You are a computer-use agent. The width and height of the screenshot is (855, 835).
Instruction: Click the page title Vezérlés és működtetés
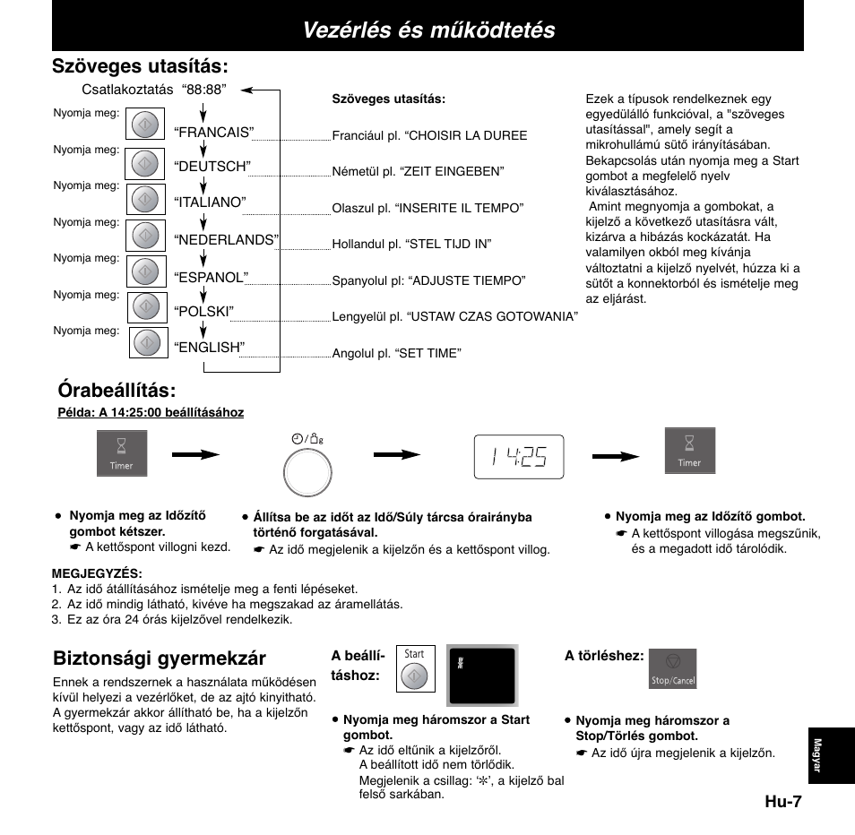[428, 30]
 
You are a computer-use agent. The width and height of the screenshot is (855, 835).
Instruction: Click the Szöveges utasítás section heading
[139, 66]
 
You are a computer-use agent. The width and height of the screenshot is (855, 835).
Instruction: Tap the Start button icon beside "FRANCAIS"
[145, 125]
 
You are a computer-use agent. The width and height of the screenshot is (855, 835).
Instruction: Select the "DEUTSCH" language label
[212, 167]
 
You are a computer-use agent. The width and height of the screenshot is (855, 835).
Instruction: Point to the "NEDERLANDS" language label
[227, 239]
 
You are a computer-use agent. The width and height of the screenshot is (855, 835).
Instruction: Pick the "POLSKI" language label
[203, 311]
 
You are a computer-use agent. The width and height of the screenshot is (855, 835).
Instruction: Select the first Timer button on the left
[122, 453]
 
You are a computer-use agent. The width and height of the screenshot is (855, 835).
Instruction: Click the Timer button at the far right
[689, 451]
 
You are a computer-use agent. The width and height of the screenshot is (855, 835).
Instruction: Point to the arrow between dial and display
[396, 455]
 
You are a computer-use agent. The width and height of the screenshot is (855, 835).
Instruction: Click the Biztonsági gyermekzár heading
[160, 659]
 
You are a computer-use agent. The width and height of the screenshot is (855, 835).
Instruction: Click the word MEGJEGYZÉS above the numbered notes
[98, 573]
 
